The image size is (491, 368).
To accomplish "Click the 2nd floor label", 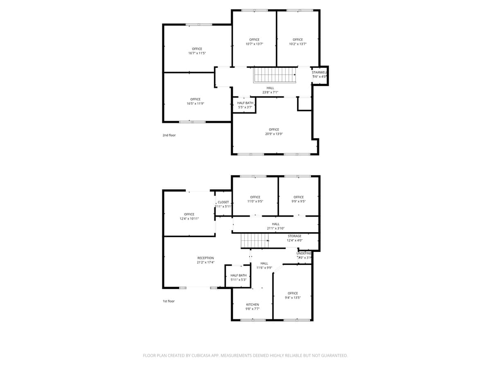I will pos(169,135).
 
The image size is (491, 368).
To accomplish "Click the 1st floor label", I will pos(169,301).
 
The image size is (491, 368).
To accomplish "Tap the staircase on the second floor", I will pos(274,75).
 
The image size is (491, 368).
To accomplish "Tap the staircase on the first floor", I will pos(254,240).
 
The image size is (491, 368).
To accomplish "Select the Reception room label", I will pos(205,258).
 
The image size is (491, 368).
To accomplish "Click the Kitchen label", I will pos(252,305).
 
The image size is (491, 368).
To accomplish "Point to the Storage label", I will pos(295,236).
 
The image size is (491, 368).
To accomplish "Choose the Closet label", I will pos(223,202).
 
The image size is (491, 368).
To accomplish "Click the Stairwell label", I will pos(319,72).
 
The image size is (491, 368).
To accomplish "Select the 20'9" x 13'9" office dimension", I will pos(274,134).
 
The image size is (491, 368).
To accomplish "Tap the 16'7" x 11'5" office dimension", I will pos(197,53).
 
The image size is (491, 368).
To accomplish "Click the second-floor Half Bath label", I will pos(245,103).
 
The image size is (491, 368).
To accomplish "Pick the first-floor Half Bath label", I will pos(239,275).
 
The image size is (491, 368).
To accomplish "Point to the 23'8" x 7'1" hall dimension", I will pos(270,92).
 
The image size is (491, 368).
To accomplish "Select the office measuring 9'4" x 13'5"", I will pos(293,295).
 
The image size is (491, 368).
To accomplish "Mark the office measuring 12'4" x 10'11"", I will pos(189,216).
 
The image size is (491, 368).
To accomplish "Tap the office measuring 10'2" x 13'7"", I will pos(298,42).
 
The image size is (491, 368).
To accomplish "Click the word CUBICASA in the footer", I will pos(204,356).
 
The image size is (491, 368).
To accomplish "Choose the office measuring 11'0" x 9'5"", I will pos(255,199).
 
